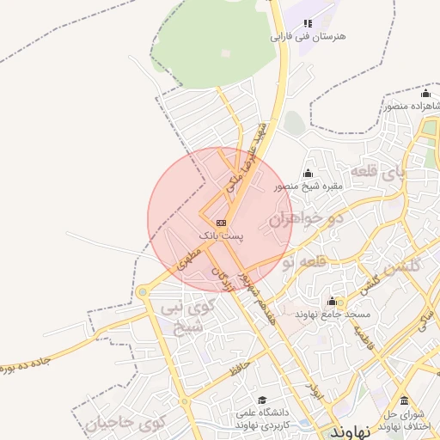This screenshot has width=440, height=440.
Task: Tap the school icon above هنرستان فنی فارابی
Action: point(309,23)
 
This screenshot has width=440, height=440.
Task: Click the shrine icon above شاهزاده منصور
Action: point(425,94)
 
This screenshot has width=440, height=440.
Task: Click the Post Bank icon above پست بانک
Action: point(222,223)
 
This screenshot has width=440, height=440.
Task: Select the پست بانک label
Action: point(222,235)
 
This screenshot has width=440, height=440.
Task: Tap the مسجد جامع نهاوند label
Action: point(332,315)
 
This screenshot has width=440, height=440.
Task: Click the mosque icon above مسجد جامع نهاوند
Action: point(332,302)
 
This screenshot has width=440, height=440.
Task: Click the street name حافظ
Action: point(240,369)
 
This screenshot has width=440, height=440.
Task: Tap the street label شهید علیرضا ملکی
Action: point(248,157)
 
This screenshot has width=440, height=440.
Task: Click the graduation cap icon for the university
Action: point(262,400)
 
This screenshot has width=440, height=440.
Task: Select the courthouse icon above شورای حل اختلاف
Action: point(404,400)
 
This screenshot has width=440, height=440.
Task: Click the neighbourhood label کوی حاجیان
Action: point(125,423)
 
